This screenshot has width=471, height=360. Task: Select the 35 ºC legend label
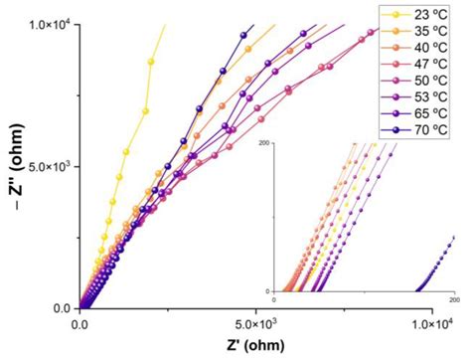pos(428,32)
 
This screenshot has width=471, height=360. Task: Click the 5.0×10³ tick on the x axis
pos(256,324)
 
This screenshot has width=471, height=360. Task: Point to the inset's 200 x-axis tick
pos(454,299)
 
